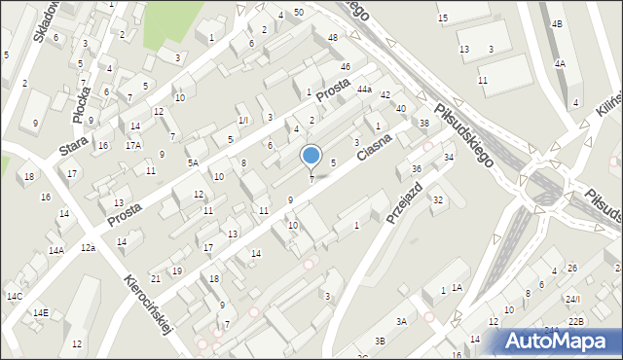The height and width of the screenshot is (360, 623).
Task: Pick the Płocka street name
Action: pyautogui.click(x=79, y=99)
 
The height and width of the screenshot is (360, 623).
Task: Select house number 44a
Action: pyautogui.click(x=364, y=90)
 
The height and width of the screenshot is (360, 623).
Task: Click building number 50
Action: pyautogui.click(x=298, y=11)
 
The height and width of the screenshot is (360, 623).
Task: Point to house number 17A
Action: pyautogui.click(x=133, y=145)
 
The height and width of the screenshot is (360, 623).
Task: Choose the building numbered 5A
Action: pyautogui.click(x=193, y=163)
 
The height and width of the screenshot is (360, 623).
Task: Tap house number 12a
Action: pyautogui.click(x=88, y=248)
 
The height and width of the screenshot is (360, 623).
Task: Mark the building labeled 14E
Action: pyautogui.click(x=40, y=312)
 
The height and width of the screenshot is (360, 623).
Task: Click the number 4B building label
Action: pyautogui.click(x=556, y=22)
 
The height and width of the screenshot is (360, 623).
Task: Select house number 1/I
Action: pyautogui.click(x=243, y=120)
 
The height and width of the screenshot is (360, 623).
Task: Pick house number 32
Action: pyautogui.click(x=438, y=199)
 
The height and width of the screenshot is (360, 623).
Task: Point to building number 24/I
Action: pyautogui.click(x=573, y=299)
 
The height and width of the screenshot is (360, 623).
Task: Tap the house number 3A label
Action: pyautogui.click(x=400, y=321)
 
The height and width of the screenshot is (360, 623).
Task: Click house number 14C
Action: pyautogui.click(x=14, y=296)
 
